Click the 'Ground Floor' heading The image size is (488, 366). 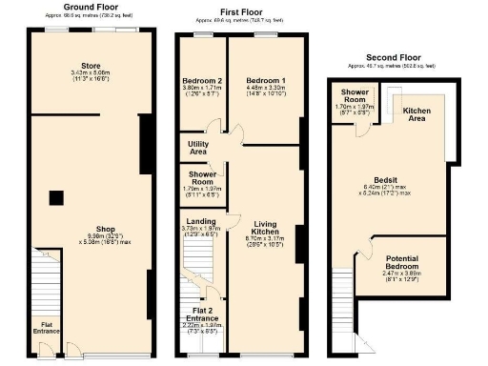pyautogui.click(x=91, y=7)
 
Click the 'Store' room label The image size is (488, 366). pyautogui.click(x=91, y=66)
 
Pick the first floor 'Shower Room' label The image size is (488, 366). pyautogui.click(x=201, y=178)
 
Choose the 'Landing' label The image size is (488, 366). pyautogui.click(x=201, y=221)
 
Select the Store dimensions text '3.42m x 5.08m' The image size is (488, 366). pyautogui.click(x=91, y=73)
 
